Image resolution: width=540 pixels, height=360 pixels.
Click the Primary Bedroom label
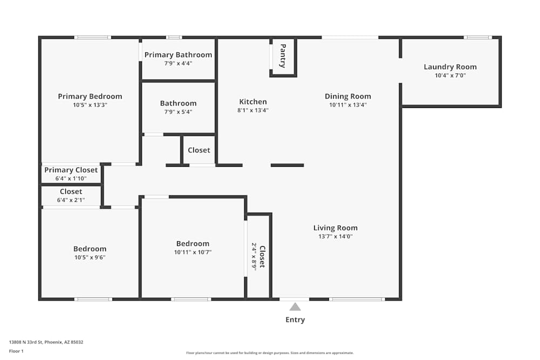pyautogui.click(x=90, y=97)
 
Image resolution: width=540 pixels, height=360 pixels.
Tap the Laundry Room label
pyautogui.click(x=450, y=67)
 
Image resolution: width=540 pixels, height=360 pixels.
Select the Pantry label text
pyautogui.click(x=282, y=56)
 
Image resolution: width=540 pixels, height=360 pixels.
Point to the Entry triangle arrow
pyautogui.click(x=295, y=307)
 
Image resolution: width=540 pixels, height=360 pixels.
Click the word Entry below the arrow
pyautogui.click(x=295, y=320)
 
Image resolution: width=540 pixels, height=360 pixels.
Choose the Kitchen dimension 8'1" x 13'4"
pyautogui.click(x=253, y=110)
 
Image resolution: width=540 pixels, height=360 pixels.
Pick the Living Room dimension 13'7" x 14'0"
pyautogui.click(x=335, y=236)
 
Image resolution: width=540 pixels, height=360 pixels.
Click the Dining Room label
pyautogui.click(x=348, y=97)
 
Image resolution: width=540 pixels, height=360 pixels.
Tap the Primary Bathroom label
pyautogui.click(x=178, y=55)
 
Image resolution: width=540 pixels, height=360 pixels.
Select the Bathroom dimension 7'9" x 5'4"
pyautogui.click(x=178, y=112)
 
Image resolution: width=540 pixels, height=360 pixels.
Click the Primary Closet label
pyautogui.click(x=71, y=170)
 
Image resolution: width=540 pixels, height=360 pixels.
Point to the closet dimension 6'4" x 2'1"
pyautogui.click(x=71, y=200)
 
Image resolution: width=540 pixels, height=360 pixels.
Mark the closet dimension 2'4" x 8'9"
pyautogui.click(x=254, y=256)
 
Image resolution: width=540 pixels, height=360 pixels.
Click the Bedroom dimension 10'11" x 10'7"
pyautogui.click(x=193, y=252)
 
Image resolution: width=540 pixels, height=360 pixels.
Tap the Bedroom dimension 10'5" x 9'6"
pyautogui.click(x=90, y=257)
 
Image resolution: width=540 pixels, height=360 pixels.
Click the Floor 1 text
pyautogui.click(x=16, y=351)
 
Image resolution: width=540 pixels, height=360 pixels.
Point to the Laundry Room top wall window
pyautogui.click(x=478, y=37)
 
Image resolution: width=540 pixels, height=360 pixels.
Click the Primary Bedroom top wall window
pyautogui.click(x=92, y=37)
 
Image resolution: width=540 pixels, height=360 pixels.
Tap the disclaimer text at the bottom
pyautogui.click(x=269, y=353)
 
